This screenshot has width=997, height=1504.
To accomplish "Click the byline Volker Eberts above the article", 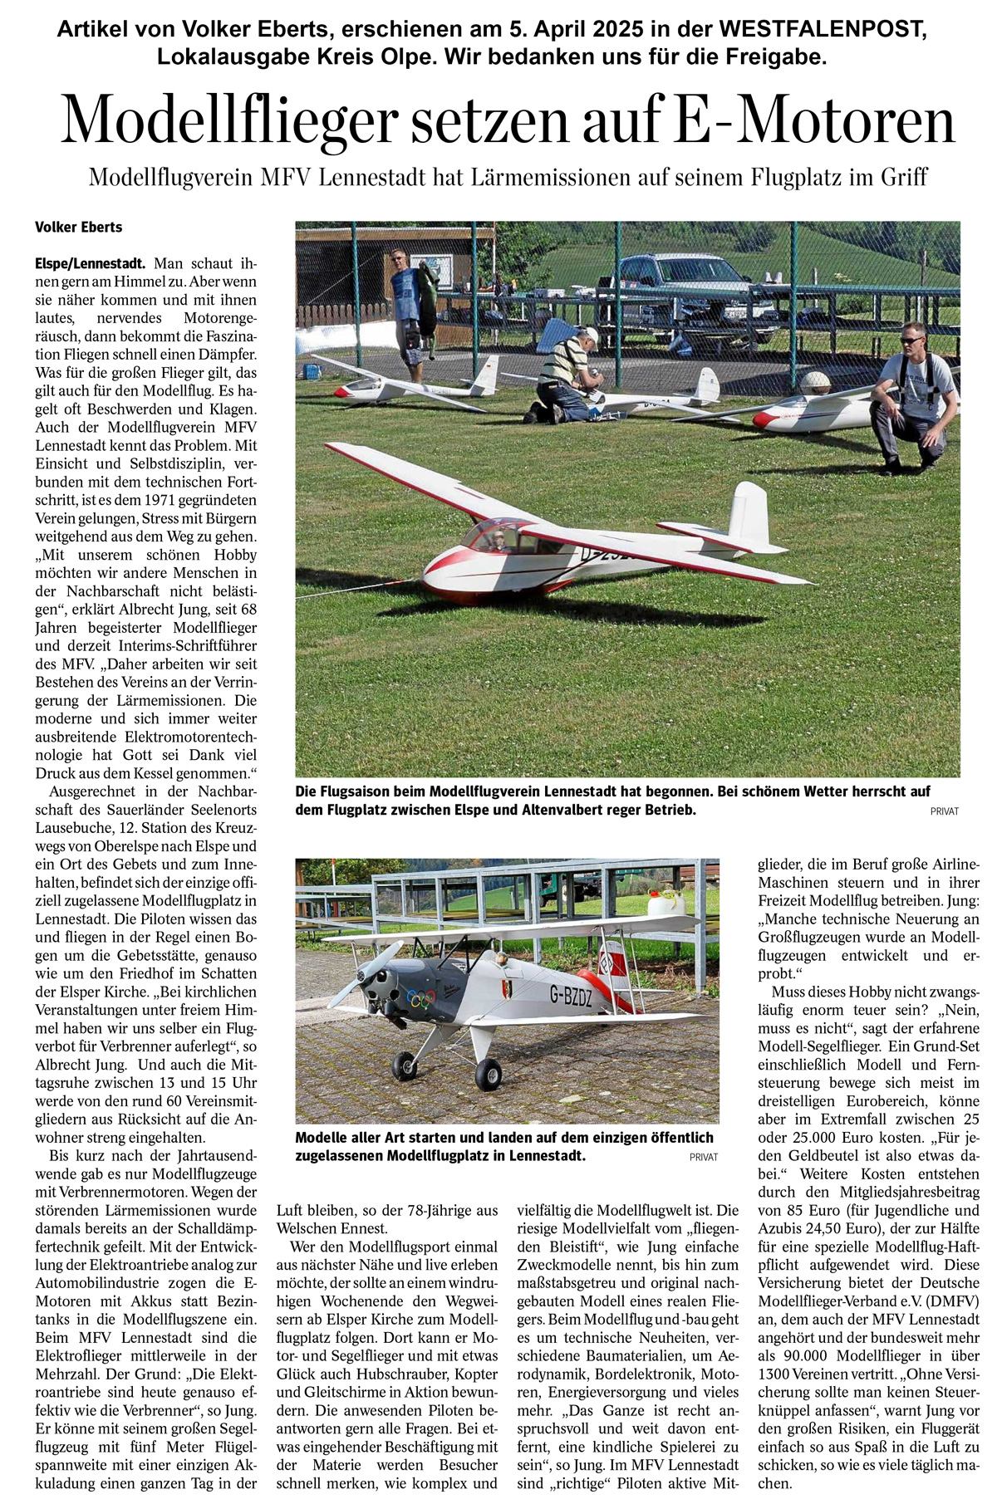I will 78,228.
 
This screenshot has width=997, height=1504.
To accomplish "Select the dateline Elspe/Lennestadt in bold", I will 91,264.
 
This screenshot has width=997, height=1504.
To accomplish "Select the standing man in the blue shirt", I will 407,307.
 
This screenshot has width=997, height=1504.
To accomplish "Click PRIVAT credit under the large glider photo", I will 944,811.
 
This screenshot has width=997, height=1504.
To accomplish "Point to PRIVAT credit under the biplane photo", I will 703,1157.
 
